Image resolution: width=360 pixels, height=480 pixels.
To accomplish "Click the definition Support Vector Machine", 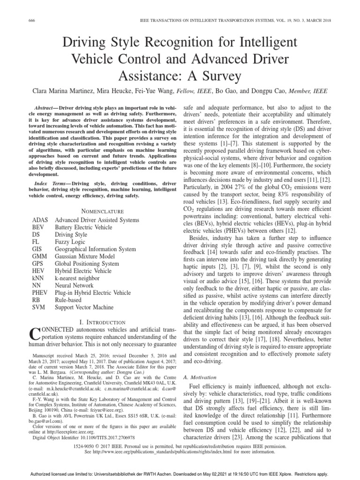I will pos(84,307).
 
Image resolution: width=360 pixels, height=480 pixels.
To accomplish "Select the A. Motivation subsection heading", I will pos(199,377).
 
